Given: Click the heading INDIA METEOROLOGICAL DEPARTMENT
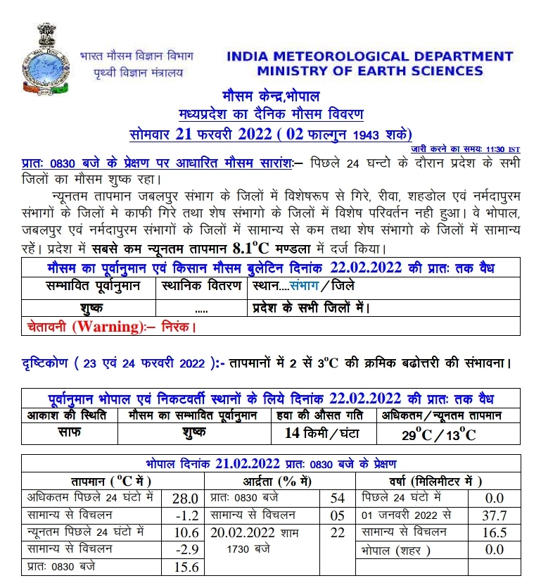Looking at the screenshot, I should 369,56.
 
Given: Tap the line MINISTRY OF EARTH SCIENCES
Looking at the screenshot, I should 370,70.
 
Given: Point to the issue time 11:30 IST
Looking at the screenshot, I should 500,149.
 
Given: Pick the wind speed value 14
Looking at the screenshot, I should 292,433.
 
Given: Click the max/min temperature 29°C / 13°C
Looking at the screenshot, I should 439,434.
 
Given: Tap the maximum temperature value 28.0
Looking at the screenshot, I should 185,498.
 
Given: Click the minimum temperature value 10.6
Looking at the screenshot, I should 185,532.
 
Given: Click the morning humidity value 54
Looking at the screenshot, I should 337,498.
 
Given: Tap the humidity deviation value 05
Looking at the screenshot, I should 337,515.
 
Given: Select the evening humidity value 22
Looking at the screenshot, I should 337,532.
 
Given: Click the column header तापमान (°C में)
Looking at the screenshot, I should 112,481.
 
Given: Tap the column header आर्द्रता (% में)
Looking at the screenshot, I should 279,481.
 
